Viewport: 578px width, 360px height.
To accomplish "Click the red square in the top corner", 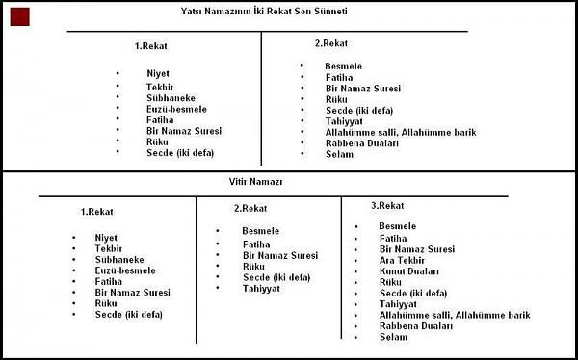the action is (17, 16).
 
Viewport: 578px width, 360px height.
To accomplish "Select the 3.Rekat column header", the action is (386, 206).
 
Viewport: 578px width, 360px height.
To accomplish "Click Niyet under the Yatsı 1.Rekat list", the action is (158, 74).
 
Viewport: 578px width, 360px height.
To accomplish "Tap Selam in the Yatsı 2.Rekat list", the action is (339, 154).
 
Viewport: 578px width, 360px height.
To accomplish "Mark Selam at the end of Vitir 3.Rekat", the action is (394, 337).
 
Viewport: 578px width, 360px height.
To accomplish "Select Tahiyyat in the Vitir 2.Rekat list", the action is (261, 288).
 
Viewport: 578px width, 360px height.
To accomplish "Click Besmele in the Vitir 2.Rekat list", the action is (261, 231).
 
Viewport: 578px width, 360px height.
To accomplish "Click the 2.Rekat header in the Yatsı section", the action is (331, 43).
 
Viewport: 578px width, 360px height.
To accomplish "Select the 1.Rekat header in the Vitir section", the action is (98, 211).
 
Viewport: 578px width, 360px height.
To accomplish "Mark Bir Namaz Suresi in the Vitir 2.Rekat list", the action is (281, 255).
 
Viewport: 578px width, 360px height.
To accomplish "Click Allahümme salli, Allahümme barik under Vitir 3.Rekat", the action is (455, 315).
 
